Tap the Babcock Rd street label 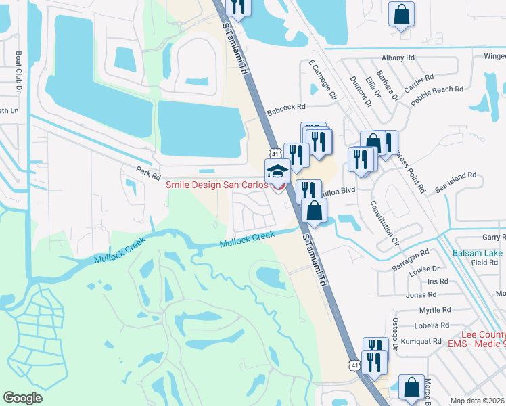pyautogui.click(x=286, y=106)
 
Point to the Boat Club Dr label pyautogui.click(x=18, y=68)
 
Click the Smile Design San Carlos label pyautogui.click(x=216, y=185)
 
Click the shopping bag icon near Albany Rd pyautogui.click(x=401, y=14)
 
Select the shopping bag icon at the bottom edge pyautogui.click(x=411, y=388)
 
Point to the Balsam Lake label pyautogui.click(x=478, y=253)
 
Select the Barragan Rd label pyautogui.click(x=411, y=252)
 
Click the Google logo pyautogui.click(x=22, y=398)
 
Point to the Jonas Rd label pyautogui.click(x=421, y=294)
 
